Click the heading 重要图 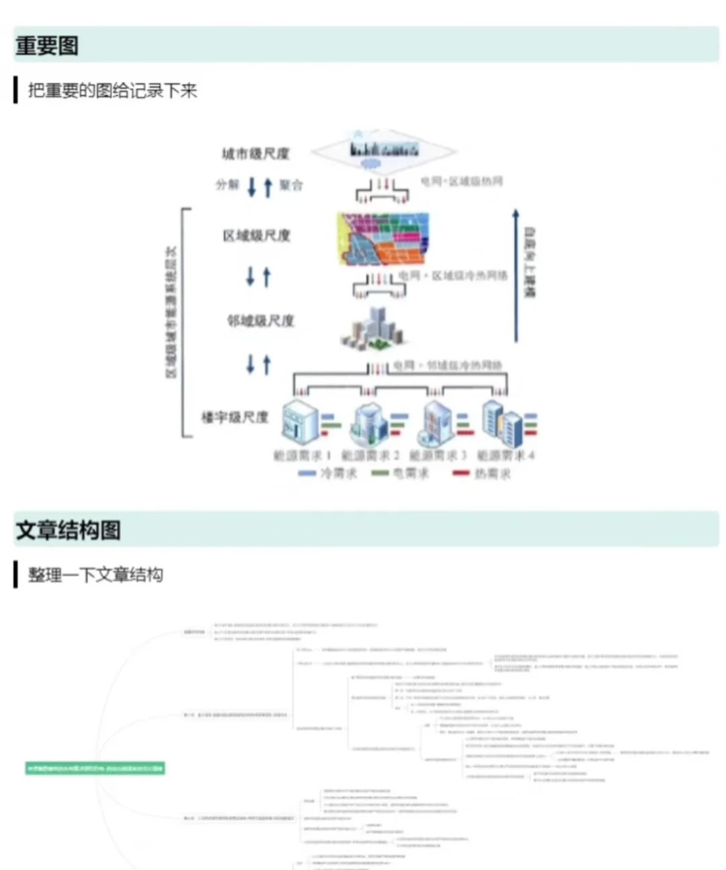pyautogui.click(x=47, y=46)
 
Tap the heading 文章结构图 pyautogui.click(x=68, y=530)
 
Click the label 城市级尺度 pyautogui.click(x=255, y=154)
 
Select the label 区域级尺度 pyautogui.click(x=256, y=235)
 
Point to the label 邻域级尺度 pyautogui.click(x=260, y=321)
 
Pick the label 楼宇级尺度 pyautogui.click(x=235, y=418)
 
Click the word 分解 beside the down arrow pyautogui.click(x=227, y=184)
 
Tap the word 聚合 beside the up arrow pyautogui.click(x=291, y=184)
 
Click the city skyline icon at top pyautogui.click(x=384, y=150)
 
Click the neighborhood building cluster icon pyautogui.click(x=374, y=329)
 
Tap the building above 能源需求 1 pyautogui.click(x=300, y=422)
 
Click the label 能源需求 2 pyautogui.click(x=370, y=456)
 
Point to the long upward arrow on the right pyautogui.click(x=516, y=276)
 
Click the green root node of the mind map pyautogui.click(x=95, y=768)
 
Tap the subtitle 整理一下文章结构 pyautogui.click(x=95, y=575)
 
